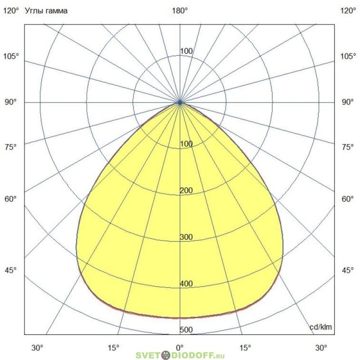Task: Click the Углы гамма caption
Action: [47, 11]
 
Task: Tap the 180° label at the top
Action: [180, 11]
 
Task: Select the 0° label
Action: [180, 347]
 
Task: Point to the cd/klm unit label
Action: [321, 327]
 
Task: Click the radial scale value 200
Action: [186, 191]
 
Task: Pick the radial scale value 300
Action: [186, 238]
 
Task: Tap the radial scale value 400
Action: [186, 284]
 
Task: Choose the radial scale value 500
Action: [186, 330]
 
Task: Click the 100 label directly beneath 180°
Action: [186, 51]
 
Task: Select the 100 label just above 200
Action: [186, 144]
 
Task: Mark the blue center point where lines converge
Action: [180, 103]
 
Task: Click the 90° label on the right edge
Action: [347, 103]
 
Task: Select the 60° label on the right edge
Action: [347, 199]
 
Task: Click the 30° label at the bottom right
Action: [321, 347]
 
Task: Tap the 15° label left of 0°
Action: [114, 347]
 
